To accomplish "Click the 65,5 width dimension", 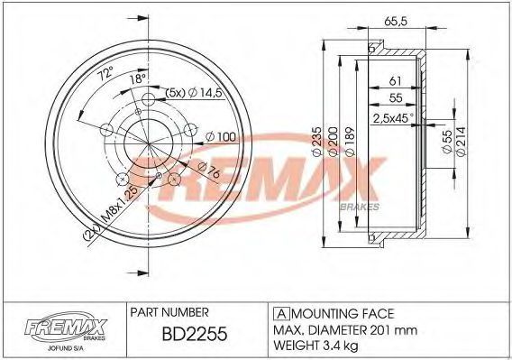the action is [x=395, y=22].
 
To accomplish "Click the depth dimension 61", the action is [x=395, y=81].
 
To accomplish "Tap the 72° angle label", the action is [x=106, y=74].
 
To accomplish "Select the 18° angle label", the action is [x=138, y=78].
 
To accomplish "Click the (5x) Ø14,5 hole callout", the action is [x=194, y=93].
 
